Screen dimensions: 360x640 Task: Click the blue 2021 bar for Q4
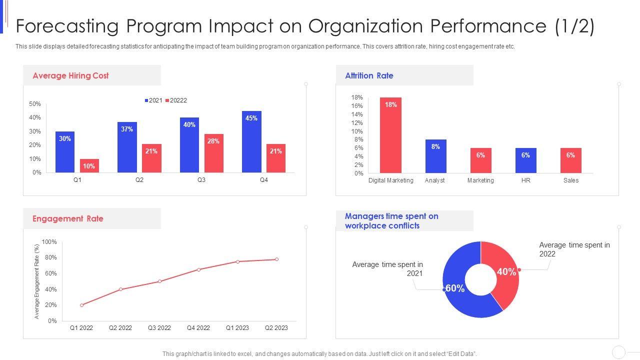coord(251,142)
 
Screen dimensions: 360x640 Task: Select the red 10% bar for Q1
coord(89,166)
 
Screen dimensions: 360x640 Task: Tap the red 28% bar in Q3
coord(213,153)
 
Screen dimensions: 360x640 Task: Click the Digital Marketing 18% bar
coord(390,135)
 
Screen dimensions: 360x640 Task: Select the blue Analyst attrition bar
coord(435,156)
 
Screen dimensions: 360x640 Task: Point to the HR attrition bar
coord(525,160)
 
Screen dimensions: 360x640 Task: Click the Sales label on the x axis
coord(570,180)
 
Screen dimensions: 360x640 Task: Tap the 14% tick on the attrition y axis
coord(356,114)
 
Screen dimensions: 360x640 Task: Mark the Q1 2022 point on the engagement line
coord(81,305)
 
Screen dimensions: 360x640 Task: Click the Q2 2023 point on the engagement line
coord(276,259)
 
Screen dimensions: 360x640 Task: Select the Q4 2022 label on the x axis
coord(198,328)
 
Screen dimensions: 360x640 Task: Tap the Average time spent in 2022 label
coord(574,249)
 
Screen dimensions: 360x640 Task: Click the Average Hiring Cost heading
coord(70,76)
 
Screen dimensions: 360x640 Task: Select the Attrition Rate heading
coord(369,76)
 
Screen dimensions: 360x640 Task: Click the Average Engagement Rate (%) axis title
coord(36,281)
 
